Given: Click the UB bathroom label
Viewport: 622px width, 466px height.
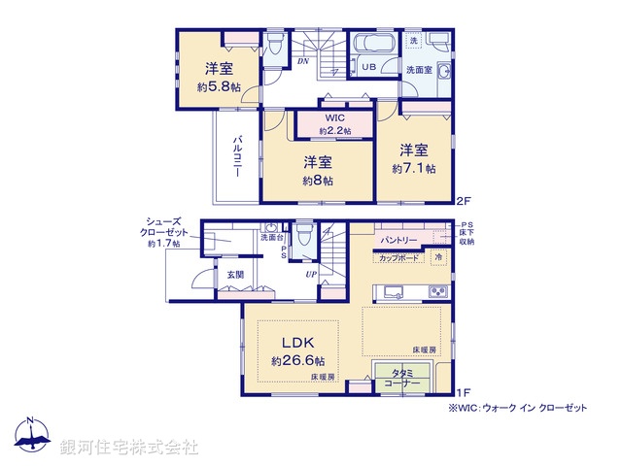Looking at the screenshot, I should (x=370, y=67).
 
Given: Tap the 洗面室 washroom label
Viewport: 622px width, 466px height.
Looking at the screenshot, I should (x=419, y=70).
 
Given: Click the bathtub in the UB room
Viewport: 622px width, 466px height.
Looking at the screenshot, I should (x=370, y=46).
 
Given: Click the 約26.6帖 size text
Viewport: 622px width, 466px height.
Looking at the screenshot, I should (x=297, y=361).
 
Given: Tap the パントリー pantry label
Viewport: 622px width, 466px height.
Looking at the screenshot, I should (x=399, y=239).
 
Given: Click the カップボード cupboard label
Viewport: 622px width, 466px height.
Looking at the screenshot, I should (x=398, y=257).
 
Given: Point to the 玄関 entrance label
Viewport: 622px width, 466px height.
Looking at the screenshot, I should (x=236, y=276).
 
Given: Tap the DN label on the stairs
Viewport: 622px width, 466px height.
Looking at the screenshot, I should (x=303, y=59).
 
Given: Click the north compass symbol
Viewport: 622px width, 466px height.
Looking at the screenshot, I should (x=30, y=436).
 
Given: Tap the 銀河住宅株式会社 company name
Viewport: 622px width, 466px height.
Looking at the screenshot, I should (x=129, y=448).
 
